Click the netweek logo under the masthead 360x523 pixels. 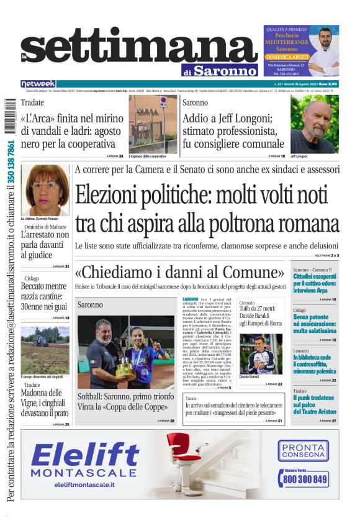tap(38, 84)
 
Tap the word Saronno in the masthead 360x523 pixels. tap(223, 70)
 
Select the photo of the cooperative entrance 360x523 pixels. tap(152, 124)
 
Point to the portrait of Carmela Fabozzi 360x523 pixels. tap(45, 190)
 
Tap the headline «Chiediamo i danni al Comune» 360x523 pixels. tap(180, 272)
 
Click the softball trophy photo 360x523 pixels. tap(126, 352)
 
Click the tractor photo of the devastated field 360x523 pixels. tap(45, 350)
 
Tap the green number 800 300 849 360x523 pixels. tap(304, 479)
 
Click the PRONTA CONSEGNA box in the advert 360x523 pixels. tap(303, 451)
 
